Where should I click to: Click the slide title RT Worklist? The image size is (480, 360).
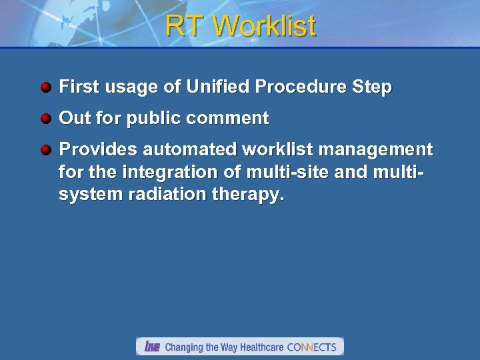(x=240, y=27)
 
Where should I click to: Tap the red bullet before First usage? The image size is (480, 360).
(x=45, y=87)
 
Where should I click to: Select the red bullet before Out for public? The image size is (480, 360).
(x=45, y=119)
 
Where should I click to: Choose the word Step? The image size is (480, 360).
(x=374, y=87)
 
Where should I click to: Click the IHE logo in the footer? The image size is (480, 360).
(x=152, y=347)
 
